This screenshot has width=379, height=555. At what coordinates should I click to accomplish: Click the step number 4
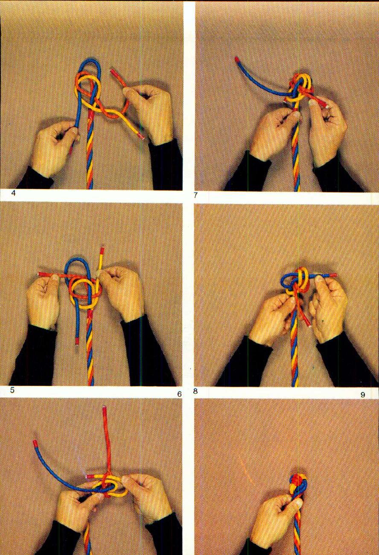(x=13, y=193)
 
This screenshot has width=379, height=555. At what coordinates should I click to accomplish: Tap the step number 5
(x=13, y=390)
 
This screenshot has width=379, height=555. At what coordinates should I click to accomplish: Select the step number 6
(x=180, y=394)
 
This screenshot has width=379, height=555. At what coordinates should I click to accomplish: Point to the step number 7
(x=195, y=196)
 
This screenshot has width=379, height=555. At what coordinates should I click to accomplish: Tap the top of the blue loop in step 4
(x=89, y=61)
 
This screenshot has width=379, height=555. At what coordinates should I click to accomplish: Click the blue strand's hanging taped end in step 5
(x=77, y=341)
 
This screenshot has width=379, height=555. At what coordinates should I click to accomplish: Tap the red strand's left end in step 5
(x=41, y=273)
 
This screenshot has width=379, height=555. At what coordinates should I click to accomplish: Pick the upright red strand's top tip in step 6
(x=105, y=409)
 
